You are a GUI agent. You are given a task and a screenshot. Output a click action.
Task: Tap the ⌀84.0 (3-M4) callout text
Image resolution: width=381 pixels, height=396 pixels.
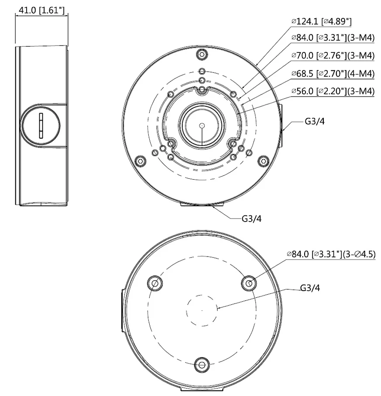333,38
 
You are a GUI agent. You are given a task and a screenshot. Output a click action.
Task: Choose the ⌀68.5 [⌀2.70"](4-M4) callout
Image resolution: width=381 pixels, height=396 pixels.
333,73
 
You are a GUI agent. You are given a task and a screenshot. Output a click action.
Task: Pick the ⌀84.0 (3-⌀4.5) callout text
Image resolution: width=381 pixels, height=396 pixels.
331,254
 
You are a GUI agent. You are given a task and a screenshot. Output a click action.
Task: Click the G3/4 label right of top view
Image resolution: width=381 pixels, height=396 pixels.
314,121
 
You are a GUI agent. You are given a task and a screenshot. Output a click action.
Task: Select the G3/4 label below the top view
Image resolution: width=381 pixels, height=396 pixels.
252,218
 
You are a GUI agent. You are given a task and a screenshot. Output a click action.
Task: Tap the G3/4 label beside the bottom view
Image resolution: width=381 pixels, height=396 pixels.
310,288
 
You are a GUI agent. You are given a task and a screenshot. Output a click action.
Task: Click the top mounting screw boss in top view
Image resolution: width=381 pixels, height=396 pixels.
201,54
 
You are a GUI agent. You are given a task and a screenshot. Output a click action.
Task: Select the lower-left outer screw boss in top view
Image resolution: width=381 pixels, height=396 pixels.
140,161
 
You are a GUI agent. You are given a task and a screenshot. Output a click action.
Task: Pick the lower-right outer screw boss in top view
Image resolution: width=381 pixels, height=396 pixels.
263,161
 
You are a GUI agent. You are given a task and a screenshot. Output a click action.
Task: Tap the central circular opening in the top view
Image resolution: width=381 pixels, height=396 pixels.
201,126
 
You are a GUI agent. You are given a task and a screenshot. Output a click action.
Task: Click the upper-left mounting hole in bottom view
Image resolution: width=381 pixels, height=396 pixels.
155,283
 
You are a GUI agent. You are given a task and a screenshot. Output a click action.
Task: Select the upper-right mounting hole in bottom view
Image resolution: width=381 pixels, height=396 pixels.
248,283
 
